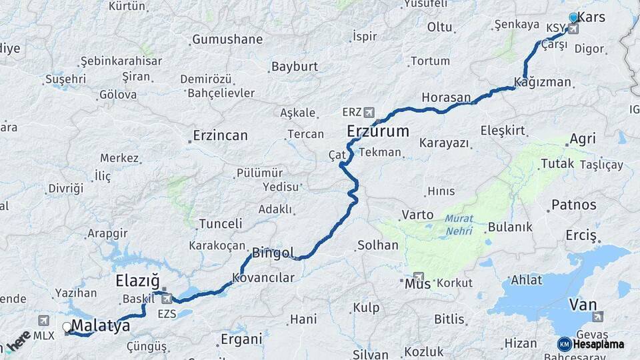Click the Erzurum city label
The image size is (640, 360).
377,131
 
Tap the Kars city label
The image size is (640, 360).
591,17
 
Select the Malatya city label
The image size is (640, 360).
100,326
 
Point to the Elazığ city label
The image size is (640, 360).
138,281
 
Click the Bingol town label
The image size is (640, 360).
273,253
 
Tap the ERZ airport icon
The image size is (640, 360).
369,112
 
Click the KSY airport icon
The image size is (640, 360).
573,29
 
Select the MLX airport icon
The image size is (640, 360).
44,321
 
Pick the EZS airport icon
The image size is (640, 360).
167,299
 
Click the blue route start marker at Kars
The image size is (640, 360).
573,18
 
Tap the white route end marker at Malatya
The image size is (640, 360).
67,327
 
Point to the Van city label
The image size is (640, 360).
583,305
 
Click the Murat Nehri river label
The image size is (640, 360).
459,225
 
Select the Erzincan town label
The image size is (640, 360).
219,135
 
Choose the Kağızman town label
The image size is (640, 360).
543,83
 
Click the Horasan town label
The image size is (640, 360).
446,97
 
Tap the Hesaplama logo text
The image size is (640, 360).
597,345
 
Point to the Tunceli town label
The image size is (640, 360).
221,223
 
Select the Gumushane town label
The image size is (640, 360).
227,39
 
